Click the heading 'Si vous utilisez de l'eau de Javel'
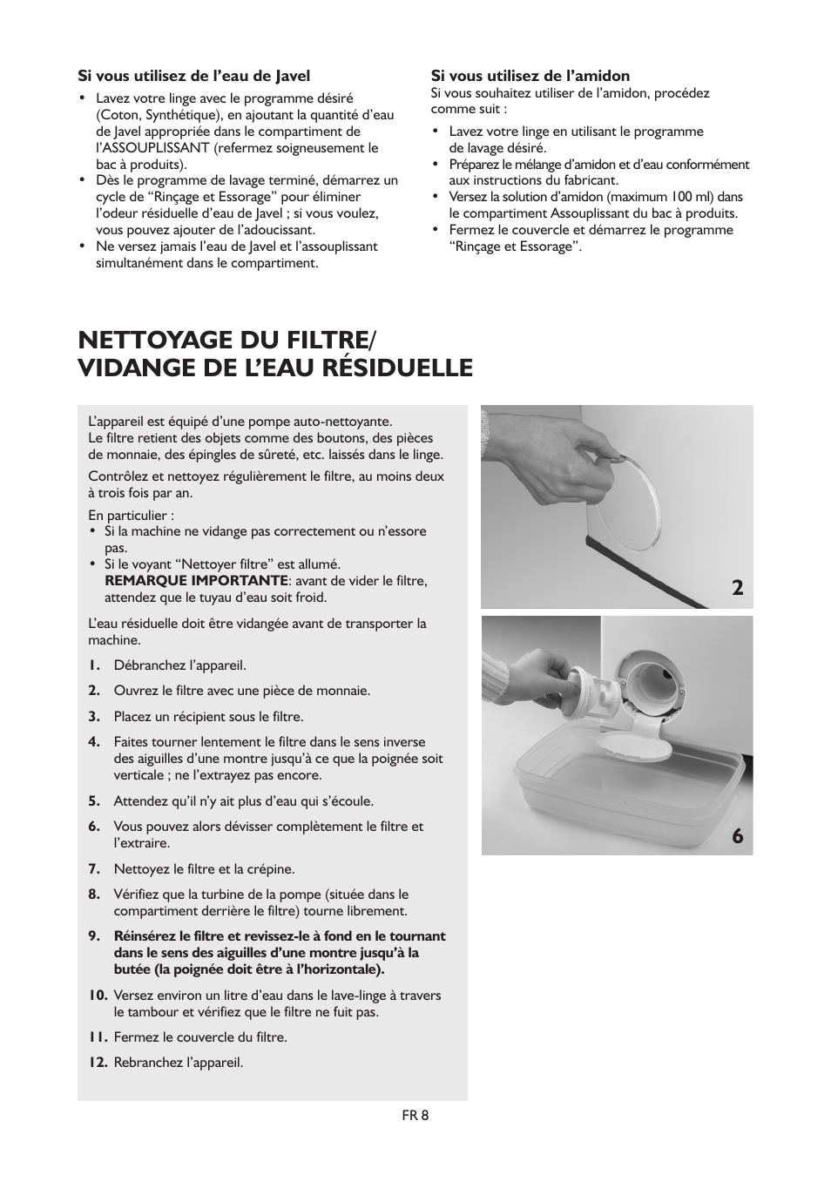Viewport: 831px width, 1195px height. tap(194, 76)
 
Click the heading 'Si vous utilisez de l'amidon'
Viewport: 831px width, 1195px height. tap(530, 76)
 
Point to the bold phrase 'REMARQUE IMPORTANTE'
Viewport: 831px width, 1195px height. tap(196, 581)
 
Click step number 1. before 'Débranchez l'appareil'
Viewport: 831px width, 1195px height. tap(94, 665)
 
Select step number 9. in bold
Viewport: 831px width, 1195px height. tap(94, 936)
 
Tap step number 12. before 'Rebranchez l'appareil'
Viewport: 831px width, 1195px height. tap(98, 1063)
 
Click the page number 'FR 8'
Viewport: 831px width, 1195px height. tap(415, 1116)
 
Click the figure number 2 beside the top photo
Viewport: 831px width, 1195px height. tap(738, 588)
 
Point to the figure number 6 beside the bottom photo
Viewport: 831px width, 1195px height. tap(738, 836)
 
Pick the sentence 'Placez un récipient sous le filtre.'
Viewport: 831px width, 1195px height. tap(208, 717)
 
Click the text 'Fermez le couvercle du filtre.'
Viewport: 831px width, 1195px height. tap(200, 1037)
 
